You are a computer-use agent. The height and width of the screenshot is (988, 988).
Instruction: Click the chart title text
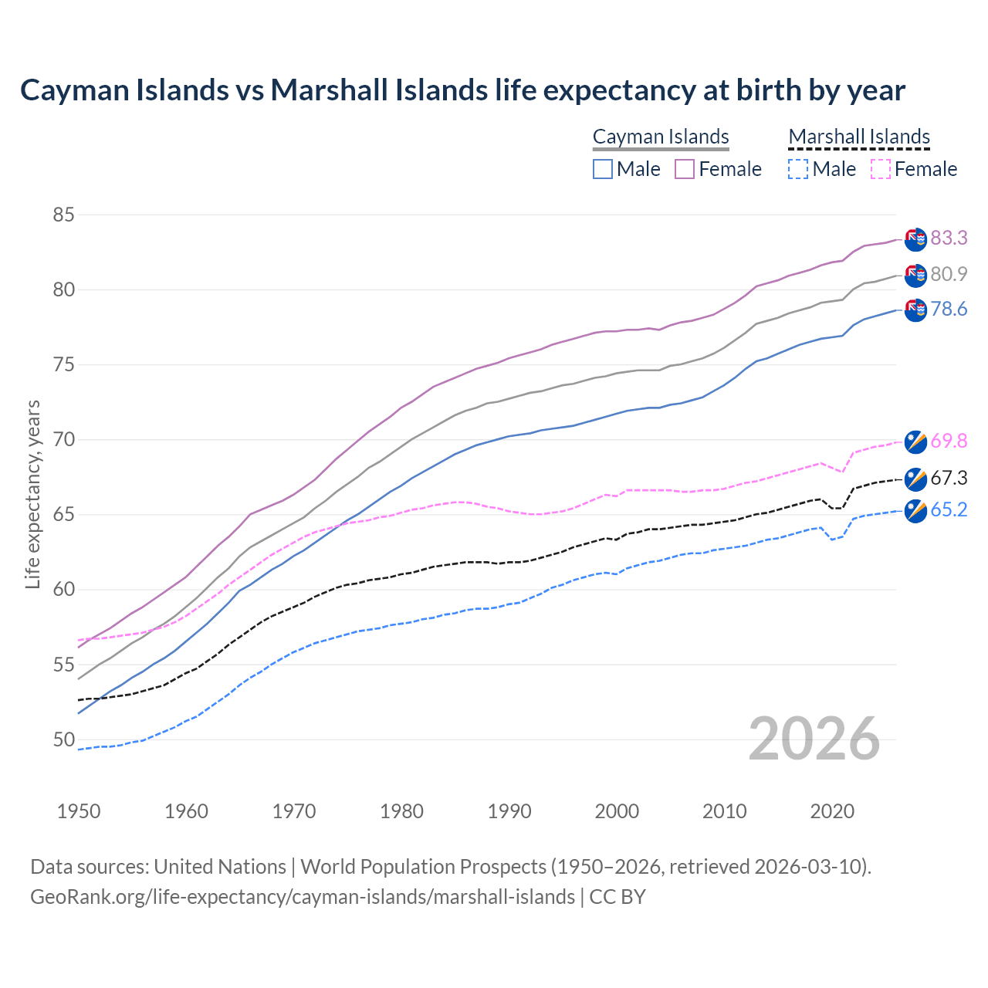[x=462, y=90]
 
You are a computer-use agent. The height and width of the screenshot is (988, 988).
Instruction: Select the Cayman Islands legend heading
[x=661, y=137]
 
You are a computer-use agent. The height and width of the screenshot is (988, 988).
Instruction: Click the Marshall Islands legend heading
[x=859, y=137]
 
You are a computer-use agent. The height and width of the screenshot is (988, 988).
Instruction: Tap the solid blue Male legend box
[x=603, y=169]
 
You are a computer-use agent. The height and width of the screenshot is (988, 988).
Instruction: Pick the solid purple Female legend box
[x=685, y=169]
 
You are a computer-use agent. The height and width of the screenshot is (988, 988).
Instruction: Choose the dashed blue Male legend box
[x=798, y=169]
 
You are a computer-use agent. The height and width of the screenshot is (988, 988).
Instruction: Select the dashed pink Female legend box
[x=881, y=169]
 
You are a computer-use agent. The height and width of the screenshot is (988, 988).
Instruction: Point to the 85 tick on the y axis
[x=63, y=215]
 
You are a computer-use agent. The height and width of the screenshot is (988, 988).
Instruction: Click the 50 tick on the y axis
[x=63, y=739]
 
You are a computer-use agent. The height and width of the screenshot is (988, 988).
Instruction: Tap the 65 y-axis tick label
[x=63, y=515]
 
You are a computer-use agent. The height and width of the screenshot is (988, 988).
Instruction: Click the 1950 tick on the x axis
[x=79, y=811]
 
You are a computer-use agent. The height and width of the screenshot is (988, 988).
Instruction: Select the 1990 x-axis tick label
[x=509, y=811]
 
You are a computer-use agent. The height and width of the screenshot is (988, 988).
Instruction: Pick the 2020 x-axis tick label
[x=832, y=811]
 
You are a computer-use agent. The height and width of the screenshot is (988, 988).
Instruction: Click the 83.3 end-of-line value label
[x=949, y=238]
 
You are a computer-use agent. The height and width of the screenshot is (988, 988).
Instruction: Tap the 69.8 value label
[x=949, y=441]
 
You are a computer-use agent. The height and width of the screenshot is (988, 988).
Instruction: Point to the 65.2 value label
[x=949, y=509]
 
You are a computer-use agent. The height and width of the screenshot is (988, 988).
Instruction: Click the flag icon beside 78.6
[x=915, y=310]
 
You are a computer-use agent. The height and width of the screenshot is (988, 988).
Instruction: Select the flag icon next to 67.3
[x=915, y=479]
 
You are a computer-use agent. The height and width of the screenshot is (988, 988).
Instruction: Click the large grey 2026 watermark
[x=814, y=739]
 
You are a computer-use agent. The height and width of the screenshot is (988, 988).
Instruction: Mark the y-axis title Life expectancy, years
[x=33, y=494]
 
